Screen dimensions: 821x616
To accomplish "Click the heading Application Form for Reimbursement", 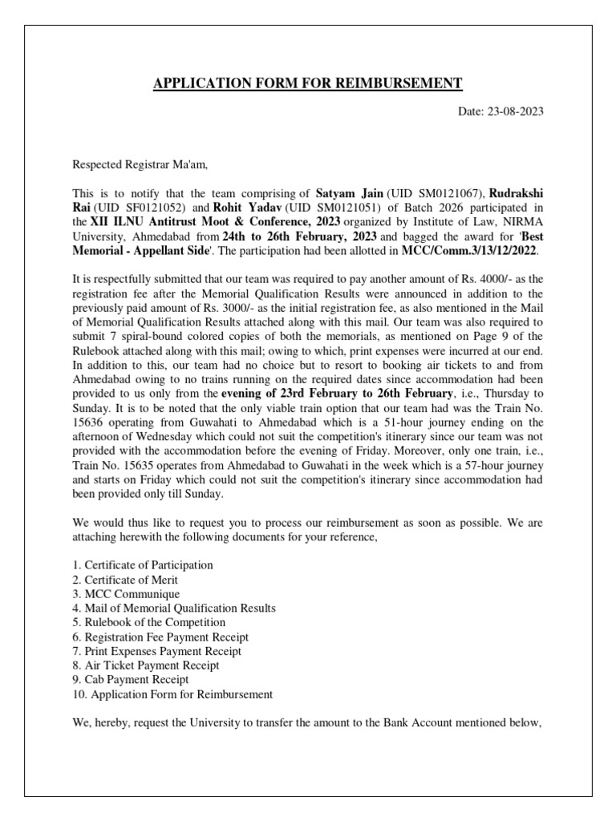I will (308, 83).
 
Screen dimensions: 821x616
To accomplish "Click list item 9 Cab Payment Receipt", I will (131, 680).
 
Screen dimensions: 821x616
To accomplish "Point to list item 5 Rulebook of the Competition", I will (148, 622).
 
